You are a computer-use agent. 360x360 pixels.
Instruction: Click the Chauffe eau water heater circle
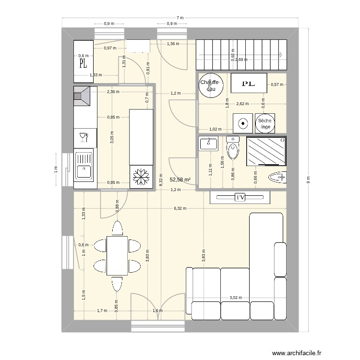[210, 85]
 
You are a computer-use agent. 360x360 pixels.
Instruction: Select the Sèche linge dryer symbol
[264, 123]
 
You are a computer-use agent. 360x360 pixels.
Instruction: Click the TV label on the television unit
[240, 197]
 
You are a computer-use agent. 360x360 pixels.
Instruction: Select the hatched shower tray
[265, 150]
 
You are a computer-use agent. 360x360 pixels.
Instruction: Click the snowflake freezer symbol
[141, 177]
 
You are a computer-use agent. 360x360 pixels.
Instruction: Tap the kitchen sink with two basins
[84, 169]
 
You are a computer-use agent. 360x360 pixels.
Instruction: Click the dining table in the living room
[117, 255]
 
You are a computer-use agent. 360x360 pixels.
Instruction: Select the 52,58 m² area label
[180, 180]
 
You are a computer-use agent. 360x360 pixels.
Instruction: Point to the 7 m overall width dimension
[180, 18]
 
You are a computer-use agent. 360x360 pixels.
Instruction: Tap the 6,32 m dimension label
[180, 208]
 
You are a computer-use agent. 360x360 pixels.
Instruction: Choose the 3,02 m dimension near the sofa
[235, 298]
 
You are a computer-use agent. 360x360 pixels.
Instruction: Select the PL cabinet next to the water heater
[249, 84]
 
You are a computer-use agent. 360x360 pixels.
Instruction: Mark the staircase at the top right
[241, 55]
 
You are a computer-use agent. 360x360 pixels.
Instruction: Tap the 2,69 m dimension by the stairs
[241, 60]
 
